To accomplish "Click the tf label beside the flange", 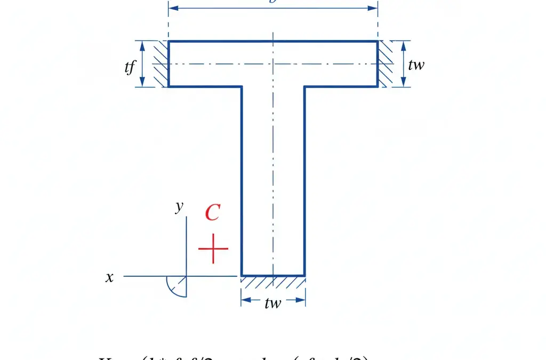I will click(130, 67).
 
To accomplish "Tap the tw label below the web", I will click(272, 303).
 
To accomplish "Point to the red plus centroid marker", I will click(213, 249).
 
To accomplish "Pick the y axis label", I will click(180, 207).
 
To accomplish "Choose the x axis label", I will click(109, 277).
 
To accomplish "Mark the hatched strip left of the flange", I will click(161, 64).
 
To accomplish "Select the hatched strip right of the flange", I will click(385, 64).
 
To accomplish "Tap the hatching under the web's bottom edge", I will click(273, 280).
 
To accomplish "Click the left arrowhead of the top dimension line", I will click(172, 9).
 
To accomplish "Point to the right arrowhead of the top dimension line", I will click(374, 9).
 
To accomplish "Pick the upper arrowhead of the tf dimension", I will click(143, 45).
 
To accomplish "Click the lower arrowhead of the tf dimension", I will click(143, 83).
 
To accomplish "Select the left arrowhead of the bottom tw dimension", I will click(245, 299).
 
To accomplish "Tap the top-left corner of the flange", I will click(168, 41).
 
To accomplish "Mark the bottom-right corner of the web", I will click(304, 275).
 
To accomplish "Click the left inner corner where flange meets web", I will click(242, 86).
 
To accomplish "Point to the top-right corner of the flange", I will click(378, 41).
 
